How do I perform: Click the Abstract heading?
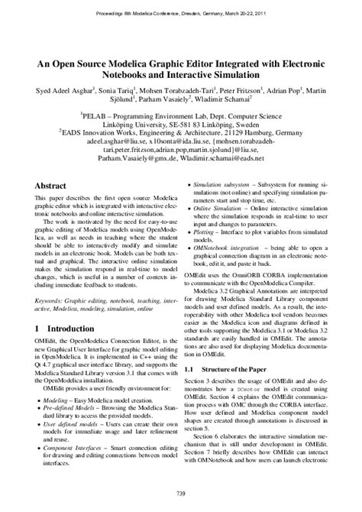[57, 186]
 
